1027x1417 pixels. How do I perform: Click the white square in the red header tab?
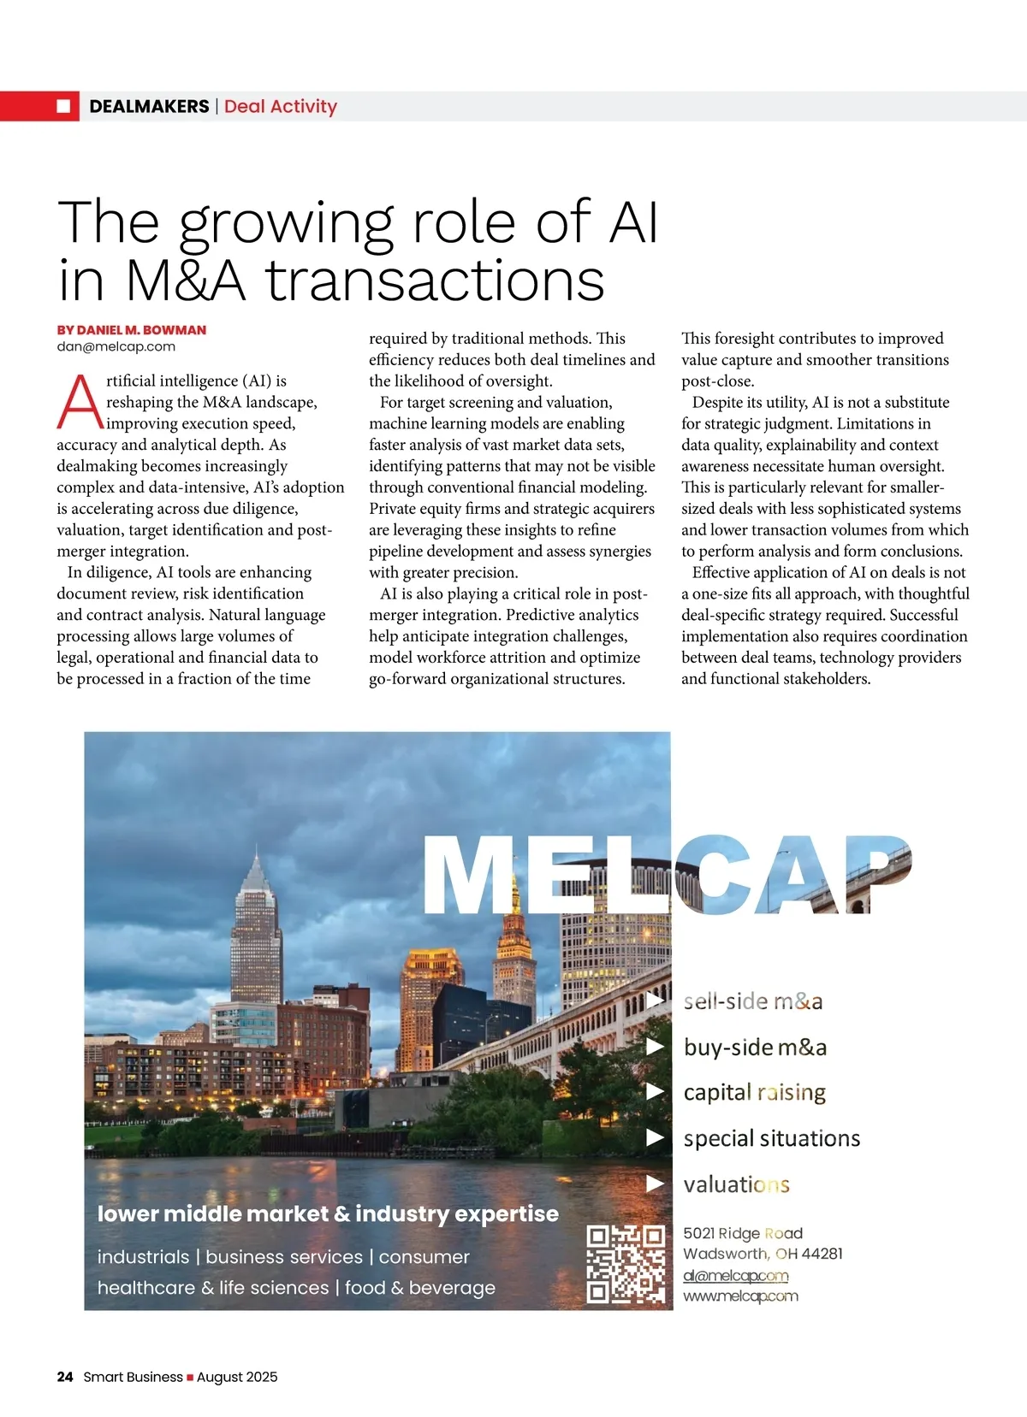point(63,106)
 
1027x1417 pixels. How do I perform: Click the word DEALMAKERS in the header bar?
point(149,106)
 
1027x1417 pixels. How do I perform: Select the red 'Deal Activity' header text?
point(281,106)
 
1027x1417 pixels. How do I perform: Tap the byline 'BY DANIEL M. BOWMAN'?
point(132,330)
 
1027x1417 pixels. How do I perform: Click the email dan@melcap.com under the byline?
point(116,346)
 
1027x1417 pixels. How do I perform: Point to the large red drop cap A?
point(79,402)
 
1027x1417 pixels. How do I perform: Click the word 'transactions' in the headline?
point(435,280)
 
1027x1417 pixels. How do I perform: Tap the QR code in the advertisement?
point(626,1264)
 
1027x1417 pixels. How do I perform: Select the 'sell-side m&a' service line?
point(753,1001)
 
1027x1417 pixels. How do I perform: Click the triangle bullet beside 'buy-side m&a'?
point(656,1046)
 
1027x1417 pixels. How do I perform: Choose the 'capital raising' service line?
point(754,1092)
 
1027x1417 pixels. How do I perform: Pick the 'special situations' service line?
point(771,1138)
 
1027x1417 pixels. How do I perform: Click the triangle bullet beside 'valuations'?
point(656,1184)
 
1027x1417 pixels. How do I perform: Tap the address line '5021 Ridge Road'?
point(742,1233)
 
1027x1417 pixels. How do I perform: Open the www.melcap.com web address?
point(740,1296)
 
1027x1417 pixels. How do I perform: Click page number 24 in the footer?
point(65,1377)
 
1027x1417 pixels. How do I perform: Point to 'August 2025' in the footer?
point(237,1377)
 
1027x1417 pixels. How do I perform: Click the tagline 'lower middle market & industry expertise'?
point(328,1213)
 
